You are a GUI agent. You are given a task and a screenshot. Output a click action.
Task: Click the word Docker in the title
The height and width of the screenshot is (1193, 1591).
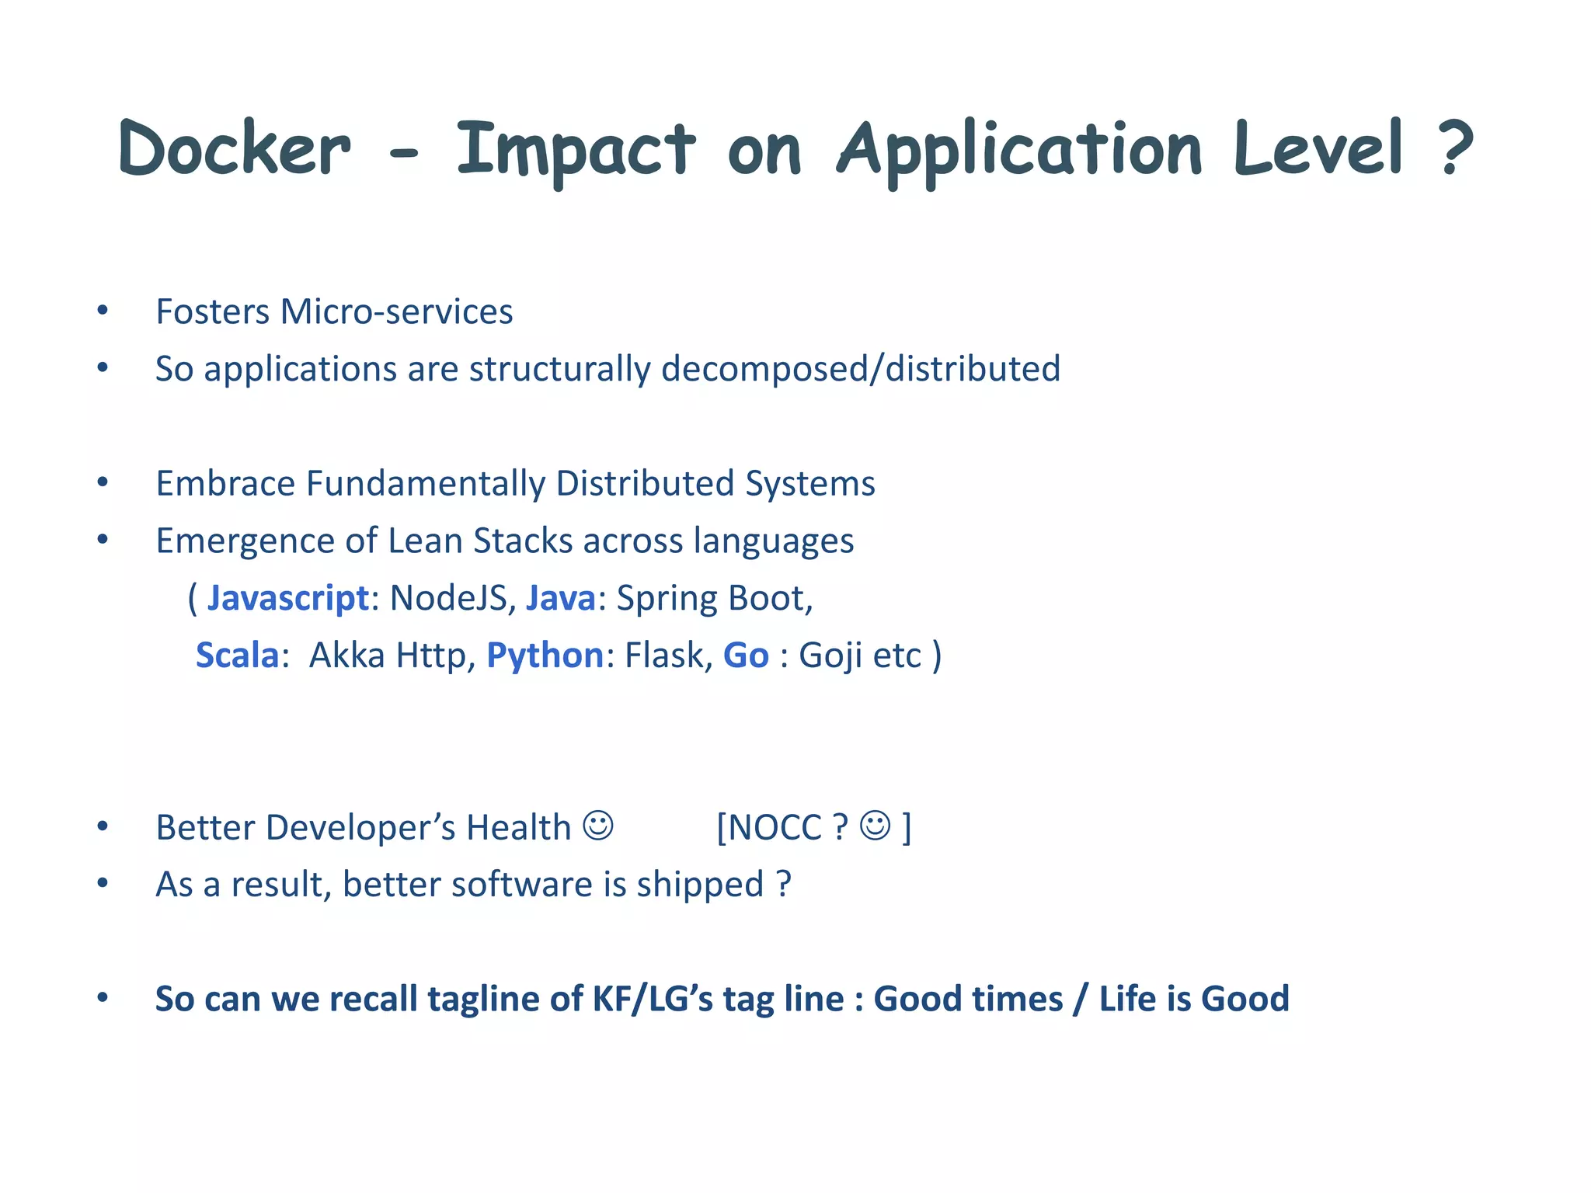click(235, 148)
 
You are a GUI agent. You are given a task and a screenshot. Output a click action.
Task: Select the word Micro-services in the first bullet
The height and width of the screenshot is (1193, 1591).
click(396, 312)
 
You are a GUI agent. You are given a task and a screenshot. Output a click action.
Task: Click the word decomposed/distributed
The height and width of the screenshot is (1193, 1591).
click(860, 369)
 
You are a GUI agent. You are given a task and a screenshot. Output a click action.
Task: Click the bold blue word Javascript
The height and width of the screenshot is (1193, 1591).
click(287, 599)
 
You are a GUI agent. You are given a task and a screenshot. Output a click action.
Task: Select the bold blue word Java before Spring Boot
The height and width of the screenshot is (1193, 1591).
click(560, 599)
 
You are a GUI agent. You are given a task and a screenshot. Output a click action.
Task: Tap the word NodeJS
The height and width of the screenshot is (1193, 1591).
click(447, 599)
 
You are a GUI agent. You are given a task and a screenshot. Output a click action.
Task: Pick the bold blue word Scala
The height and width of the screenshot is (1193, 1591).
click(237, 656)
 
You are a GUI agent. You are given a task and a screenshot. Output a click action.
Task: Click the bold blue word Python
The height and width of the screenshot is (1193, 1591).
click(545, 656)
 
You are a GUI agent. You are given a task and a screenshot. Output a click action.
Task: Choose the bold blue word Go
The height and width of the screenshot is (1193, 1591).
click(746, 656)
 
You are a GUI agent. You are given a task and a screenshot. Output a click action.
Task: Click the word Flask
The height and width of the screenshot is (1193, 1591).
click(667, 656)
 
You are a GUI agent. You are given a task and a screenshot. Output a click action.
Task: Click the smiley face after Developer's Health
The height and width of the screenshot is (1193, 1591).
click(598, 826)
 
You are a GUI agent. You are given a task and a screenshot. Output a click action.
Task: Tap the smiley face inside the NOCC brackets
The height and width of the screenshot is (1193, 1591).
click(876, 826)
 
